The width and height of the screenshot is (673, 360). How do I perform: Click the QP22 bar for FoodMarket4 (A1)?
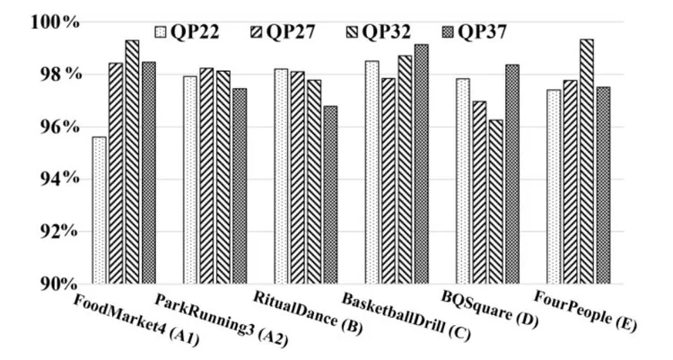(99, 211)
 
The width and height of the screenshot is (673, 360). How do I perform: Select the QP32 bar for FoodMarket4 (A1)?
(132, 162)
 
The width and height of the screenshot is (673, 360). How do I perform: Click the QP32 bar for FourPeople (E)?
(585, 162)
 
